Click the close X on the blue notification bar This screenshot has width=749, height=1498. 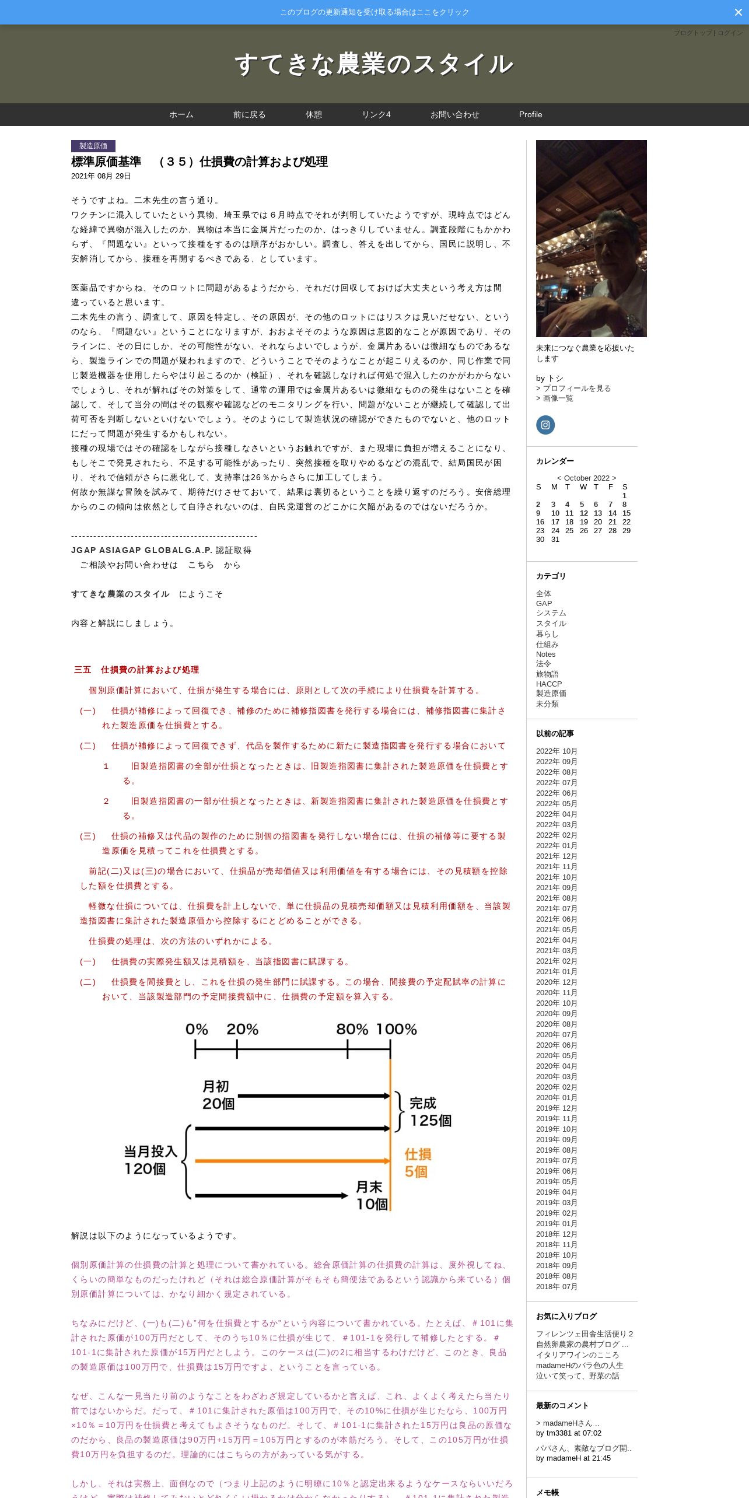tap(738, 12)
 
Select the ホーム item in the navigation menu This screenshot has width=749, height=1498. tap(181, 115)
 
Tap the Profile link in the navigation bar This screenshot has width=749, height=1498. tap(530, 115)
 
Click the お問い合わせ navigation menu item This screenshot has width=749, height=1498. tap(454, 115)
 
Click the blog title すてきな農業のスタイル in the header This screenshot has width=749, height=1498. tap(374, 64)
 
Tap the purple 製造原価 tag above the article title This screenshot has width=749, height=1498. tap(93, 146)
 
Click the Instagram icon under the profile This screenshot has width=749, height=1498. tap(545, 425)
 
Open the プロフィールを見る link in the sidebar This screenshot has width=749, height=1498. tap(576, 388)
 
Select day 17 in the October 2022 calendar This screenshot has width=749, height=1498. tap(555, 522)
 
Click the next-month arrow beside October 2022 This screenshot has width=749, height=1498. tap(614, 478)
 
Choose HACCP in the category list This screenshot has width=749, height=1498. tap(549, 684)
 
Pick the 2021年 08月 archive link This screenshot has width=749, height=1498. tap(556, 898)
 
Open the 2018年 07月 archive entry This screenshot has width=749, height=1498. tap(556, 1287)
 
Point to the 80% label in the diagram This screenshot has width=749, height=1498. tap(352, 1030)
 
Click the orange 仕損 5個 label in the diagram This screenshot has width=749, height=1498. tap(418, 1163)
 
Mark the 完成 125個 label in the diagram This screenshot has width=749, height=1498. tap(430, 1112)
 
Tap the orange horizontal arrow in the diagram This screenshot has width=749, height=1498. tap(292, 1161)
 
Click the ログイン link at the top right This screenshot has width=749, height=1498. tap(730, 33)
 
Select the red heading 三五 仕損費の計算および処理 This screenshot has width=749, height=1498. tap(136, 670)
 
